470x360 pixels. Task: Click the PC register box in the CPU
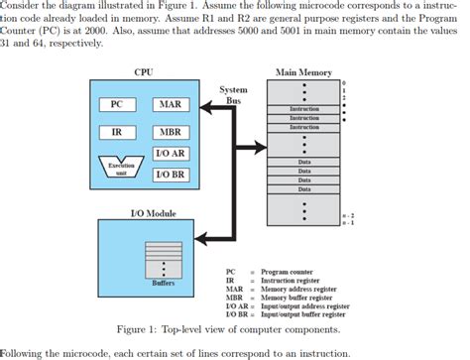point(116,104)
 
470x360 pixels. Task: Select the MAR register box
point(171,104)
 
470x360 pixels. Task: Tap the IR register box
point(116,132)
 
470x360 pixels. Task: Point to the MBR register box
point(171,132)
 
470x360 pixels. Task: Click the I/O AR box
point(171,154)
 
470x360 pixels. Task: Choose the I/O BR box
point(171,174)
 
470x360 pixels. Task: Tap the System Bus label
point(233,94)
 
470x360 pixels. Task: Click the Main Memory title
point(303,71)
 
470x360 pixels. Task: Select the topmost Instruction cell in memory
point(303,108)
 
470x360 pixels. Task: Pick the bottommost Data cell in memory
point(303,189)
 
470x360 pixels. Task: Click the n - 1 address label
point(347,222)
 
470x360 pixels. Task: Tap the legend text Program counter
point(288,271)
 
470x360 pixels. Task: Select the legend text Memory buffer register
point(298,297)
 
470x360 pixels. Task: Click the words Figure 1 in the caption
point(141,329)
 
